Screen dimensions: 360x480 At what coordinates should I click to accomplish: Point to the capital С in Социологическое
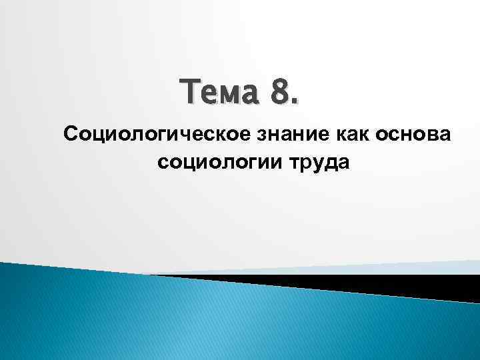(70, 135)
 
